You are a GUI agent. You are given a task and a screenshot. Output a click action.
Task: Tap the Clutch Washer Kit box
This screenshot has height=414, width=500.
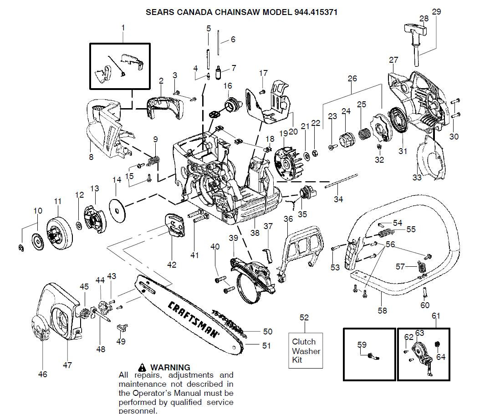click(306, 351)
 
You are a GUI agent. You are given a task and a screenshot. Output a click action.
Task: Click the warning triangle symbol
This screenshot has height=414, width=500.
click(143, 367)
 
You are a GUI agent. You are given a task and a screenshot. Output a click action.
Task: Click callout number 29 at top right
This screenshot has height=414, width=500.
click(436, 12)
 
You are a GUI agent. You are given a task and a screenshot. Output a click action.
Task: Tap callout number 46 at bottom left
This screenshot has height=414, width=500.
click(42, 374)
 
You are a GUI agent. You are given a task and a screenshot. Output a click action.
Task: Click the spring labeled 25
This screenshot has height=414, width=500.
click(363, 135)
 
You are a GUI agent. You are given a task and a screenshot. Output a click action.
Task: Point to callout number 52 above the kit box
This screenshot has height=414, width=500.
click(304, 317)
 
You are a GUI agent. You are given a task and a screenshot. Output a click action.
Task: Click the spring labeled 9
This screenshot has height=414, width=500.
click(155, 160)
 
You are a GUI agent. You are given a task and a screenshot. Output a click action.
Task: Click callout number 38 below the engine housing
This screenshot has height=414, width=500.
click(255, 233)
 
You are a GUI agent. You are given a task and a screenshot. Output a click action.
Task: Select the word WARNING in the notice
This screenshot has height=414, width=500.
click(170, 367)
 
